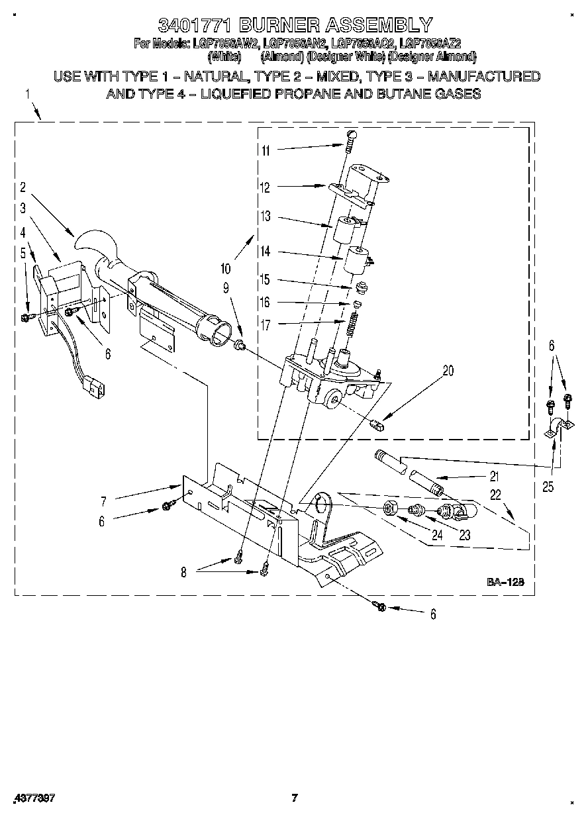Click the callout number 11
coord(265,150)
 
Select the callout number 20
coord(448,371)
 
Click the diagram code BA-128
coord(506,582)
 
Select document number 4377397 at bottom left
coord(32,798)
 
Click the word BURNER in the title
coord(279,25)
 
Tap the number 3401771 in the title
coord(195,25)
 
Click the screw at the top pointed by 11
coord(352,136)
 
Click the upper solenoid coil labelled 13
coord(346,229)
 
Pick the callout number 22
coord(496,494)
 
